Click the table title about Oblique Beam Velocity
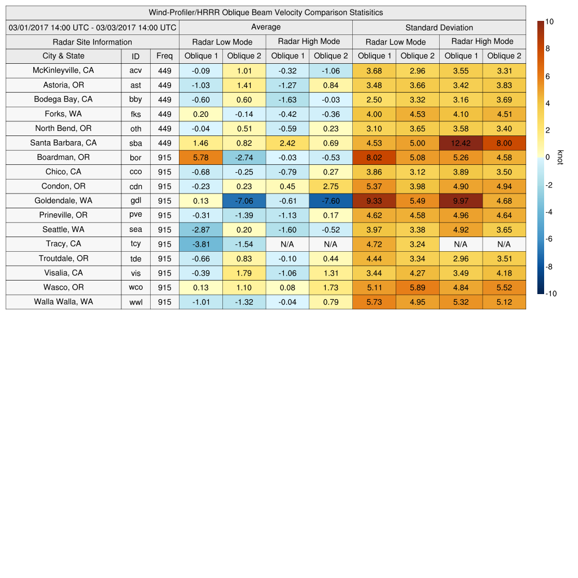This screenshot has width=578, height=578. pos(266,12)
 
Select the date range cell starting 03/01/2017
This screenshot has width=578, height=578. pos(93,28)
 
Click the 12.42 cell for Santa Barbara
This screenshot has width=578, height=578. pos(461,143)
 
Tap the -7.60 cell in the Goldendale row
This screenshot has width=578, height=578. pos(330,201)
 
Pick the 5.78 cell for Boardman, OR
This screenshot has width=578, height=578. pos(200,157)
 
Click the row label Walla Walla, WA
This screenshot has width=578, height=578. pos(63,302)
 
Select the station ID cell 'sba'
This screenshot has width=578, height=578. pos(135,143)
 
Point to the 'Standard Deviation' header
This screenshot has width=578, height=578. pos(439,28)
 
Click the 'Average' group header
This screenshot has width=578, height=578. pos(265,28)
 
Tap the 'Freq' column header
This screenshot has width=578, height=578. pos(164,56)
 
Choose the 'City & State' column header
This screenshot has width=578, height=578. pos(63,56)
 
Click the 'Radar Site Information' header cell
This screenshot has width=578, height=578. pos(92,42)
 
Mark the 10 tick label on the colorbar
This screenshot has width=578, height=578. pos(549,21)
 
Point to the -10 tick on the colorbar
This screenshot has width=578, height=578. pos(550,294)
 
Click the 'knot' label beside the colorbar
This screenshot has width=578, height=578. pos(560,157)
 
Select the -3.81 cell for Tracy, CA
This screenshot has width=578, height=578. pos(200,244)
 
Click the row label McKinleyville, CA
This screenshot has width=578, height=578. pos(63,71)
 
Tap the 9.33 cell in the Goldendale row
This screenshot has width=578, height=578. pos(374,201)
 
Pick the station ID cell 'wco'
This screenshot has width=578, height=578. pos(135,287)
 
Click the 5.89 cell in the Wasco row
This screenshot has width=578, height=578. pos(417,287)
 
